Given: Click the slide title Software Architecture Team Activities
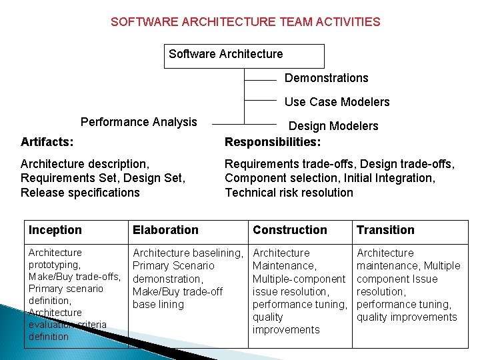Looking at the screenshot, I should [x=245, y=22].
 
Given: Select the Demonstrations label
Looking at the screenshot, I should [x=326, y=78].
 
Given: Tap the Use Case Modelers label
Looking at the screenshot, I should [x=337, y=102].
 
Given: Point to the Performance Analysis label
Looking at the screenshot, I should [x=139, y=122].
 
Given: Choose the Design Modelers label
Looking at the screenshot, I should [x=333, y=126].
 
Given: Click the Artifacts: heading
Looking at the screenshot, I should [x=47, y=141].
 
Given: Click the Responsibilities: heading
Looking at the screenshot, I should [x=272, y=141].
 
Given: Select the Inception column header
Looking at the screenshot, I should [x=55, y=230].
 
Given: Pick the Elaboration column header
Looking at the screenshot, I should [x=165, y=230].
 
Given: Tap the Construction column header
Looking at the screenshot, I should [x=290, y=230].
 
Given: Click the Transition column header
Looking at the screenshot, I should [x=385, y=230].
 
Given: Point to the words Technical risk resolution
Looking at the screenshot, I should [x=289, y=193].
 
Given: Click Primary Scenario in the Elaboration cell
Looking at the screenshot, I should [x=173, y=266].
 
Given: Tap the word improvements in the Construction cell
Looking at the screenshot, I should [x=286, y=330].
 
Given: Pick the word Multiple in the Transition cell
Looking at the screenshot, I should [x=442, y=266].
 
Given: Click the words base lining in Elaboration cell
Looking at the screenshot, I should [x=158, y=305].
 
